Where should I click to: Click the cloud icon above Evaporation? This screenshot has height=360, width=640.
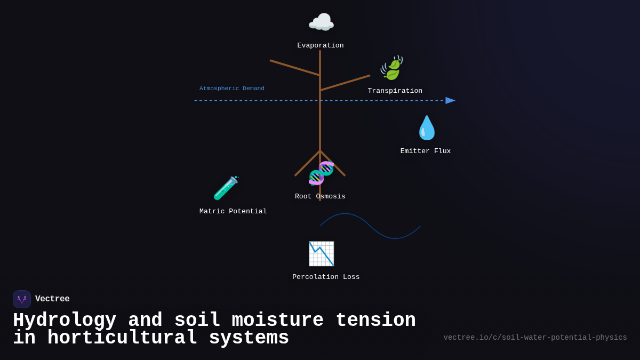(x=321, y=22)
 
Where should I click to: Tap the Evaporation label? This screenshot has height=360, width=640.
(x=321, y=46)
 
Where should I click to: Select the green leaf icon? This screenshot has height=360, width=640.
(x=392, y=68)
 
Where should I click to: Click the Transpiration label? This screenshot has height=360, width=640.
(x=395, y=91)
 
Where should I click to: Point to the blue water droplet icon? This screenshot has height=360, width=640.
(x=426, y=128)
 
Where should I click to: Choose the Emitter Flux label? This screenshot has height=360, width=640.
(x=426, y=151)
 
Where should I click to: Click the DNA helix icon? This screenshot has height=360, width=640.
(x=321, y=173)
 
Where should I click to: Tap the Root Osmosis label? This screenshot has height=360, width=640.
(x=320, y=197)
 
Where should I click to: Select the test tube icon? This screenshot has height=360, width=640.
(x=226, y=188)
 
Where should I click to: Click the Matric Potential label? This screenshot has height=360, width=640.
(x=233, y=212)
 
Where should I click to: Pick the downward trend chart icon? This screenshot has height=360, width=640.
(x=321, y=254)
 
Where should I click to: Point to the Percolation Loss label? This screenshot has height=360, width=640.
(x=326, y=277)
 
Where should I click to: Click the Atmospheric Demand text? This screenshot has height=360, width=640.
(x=232, y=89)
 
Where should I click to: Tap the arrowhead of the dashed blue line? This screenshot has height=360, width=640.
(x=450, y=100)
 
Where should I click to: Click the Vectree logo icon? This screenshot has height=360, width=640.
(x=22, y=299)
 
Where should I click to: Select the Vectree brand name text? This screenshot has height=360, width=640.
(x=52, y=299)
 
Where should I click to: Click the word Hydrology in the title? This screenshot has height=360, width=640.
(x=65, y=321)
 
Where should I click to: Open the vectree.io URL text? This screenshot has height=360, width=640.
(x=535, y=338)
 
